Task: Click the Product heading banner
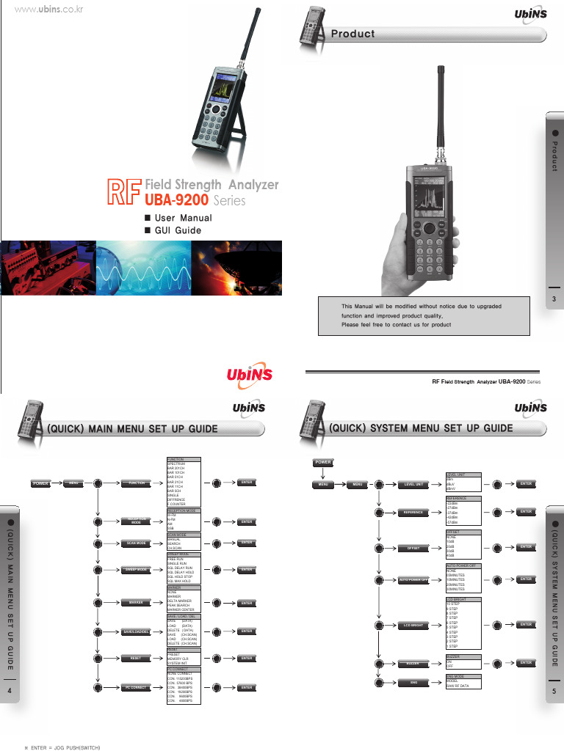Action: (352, 34)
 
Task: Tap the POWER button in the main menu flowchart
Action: (40, 483)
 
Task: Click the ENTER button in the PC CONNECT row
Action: (247, 687)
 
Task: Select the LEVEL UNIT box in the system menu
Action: (414, 484)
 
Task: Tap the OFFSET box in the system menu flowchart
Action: (414, 547)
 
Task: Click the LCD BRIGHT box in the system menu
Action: (414, 624)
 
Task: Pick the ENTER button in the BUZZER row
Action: (526, 662)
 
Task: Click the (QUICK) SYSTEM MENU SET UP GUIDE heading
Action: (420, 428)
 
